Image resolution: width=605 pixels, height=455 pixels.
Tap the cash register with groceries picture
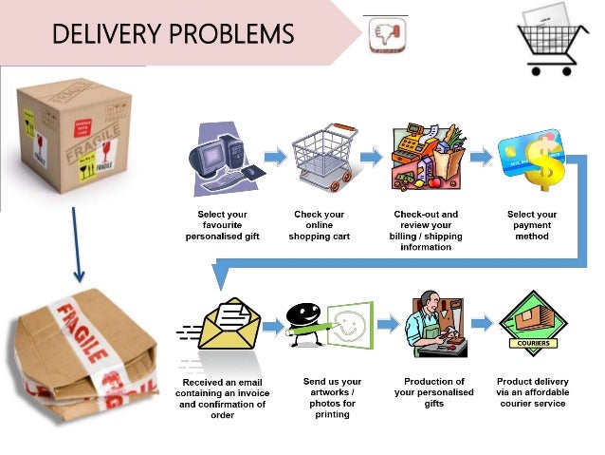pos(424,156)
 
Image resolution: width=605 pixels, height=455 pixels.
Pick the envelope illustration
pos(229,328)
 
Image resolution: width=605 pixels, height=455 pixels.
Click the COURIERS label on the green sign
pos(531,344)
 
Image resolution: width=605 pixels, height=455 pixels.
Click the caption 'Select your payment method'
pos(531,226)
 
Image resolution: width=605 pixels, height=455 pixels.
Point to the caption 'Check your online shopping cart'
pos(319,225)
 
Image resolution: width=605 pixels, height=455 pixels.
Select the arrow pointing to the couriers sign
pos(482,324)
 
